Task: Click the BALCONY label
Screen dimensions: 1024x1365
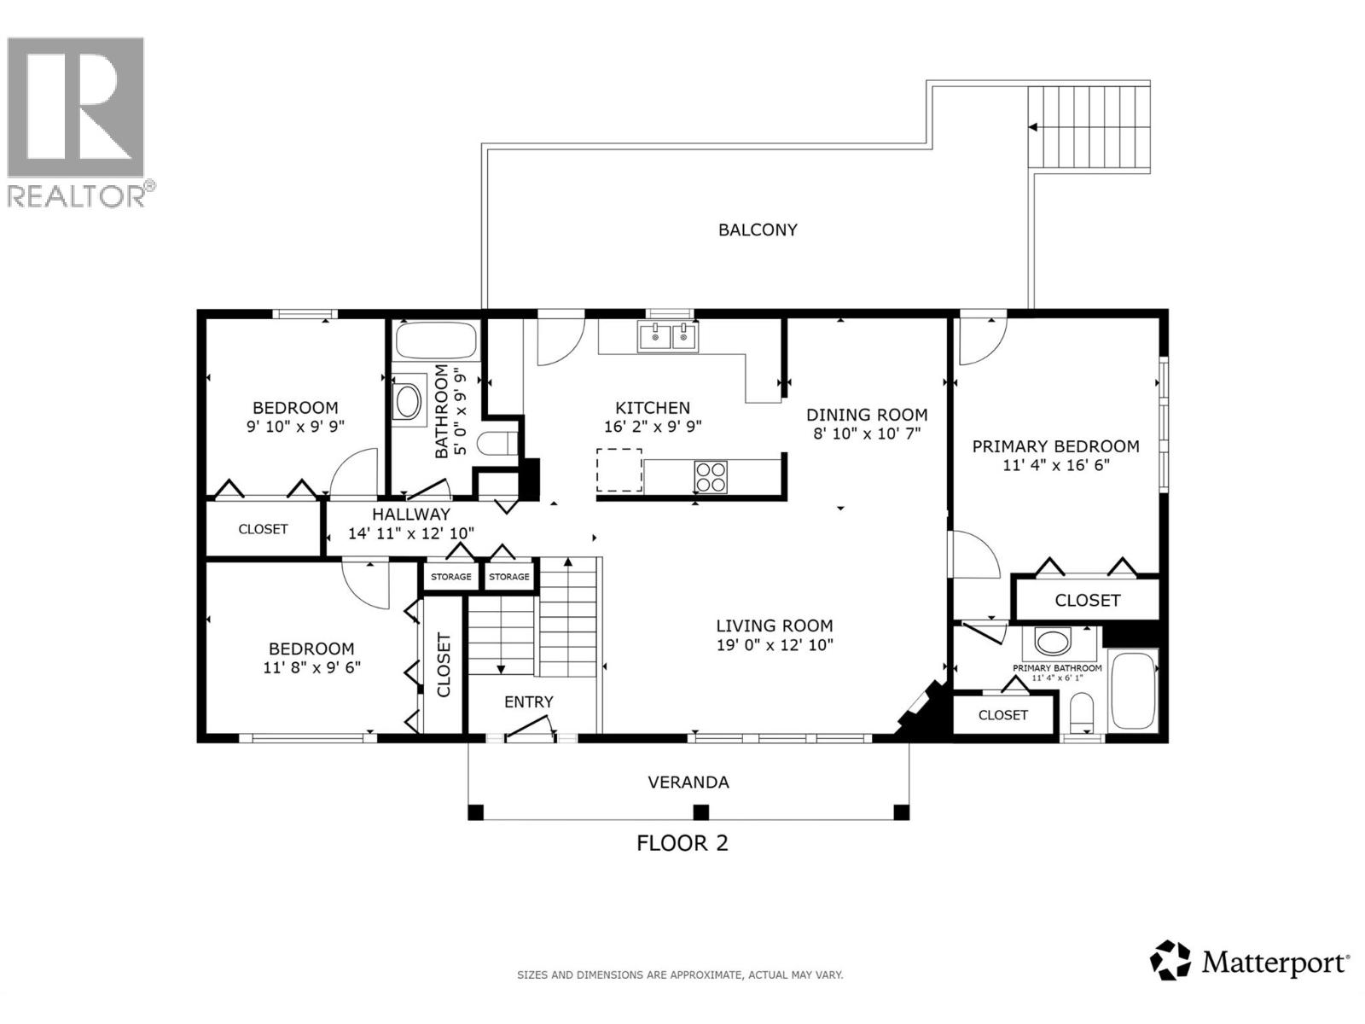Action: click(758, 230)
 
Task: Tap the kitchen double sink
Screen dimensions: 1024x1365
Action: click(667, 337)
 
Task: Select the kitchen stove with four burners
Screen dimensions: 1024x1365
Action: click(711, 476)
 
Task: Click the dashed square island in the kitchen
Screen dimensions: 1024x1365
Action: click(619, 470)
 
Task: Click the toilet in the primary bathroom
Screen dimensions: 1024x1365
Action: click(1081, 711)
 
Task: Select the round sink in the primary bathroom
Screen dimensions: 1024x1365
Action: click(1052, 640)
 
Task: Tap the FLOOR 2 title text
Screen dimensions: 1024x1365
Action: click(682, 843)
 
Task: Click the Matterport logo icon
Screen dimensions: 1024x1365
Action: click(1170, 960)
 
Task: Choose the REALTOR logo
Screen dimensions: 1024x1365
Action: click(77, 119)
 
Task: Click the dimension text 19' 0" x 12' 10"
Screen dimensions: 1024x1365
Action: click(774, 645)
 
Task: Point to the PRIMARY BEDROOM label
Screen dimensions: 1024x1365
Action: click(1055, 446)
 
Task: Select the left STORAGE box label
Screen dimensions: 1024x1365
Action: click(450, 577)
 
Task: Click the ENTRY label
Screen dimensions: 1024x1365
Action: click(529, 701)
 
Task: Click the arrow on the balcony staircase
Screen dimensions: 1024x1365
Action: click(1032, 127)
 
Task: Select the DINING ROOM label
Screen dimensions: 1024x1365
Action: click(867, 415)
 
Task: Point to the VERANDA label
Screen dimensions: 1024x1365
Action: click(688, 782)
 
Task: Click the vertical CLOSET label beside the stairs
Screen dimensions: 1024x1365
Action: click(444, 666)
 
